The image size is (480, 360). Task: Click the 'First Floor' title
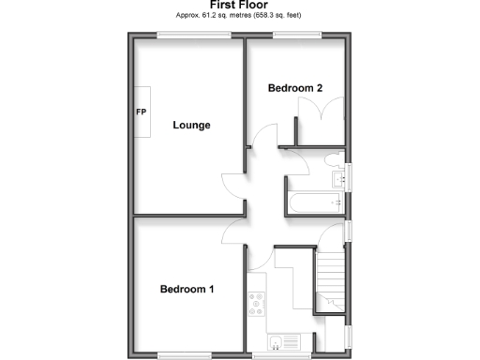point(240,6)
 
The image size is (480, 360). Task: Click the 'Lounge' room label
point(190,125)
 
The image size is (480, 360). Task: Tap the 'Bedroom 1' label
point(187,289)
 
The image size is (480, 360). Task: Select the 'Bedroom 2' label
point(295,88)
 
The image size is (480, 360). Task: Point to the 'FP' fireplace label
point(142,112)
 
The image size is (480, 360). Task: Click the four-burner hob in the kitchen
point(256,305)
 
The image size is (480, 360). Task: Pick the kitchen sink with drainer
point(282,342)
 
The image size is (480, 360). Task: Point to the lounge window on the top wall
point(194,36)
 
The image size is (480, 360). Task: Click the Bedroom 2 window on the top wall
point(298,36)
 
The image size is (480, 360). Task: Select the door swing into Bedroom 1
point(235,231)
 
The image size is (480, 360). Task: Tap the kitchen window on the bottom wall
point(272,356)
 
